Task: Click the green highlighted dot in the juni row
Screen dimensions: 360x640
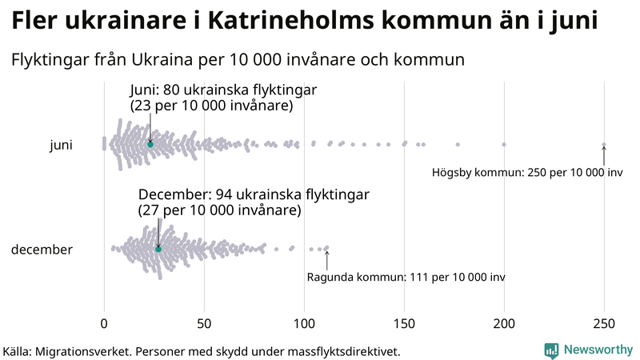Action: (x=150, y=144)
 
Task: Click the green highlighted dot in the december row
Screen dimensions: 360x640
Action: (x=158, y=249)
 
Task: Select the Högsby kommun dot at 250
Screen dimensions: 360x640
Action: (x=604, y=145)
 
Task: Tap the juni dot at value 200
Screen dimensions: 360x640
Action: (x=504, y=144)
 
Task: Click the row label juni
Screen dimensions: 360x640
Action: (x=61, y=145)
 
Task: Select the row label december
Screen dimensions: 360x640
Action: (x=42, y=250)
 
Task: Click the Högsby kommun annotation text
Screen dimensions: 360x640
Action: (x=527, y=172)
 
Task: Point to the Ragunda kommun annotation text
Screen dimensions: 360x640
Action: (x=406, y=277)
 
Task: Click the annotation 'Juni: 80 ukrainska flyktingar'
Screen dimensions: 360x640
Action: (x=223, y=90)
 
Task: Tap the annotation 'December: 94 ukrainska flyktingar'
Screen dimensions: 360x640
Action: (x=254, y=194)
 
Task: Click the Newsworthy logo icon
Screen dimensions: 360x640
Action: (x=551, y=350)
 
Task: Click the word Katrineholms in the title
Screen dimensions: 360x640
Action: (x=286, y=22)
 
